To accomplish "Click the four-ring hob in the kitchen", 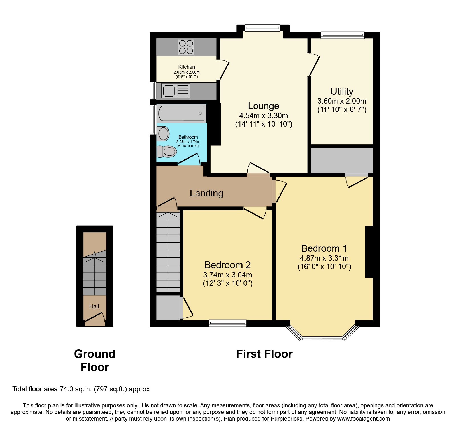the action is (186, 47).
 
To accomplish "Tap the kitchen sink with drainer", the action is (176, 91).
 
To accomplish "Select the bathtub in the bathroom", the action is (182, 113).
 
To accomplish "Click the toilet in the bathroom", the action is (167, 151).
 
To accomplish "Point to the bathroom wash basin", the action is (163, 134).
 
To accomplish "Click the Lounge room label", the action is (263, 106).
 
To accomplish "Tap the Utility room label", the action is (342, 91).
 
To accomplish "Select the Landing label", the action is (206, 193).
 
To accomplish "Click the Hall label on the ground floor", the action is (94, 306).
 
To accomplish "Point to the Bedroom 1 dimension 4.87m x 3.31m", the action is (324, 258).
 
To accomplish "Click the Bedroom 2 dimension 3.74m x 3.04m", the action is (227, 275).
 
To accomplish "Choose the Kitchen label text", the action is (187, 67).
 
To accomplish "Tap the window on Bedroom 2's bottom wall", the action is (227, 323).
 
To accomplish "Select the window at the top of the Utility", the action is (343, 35).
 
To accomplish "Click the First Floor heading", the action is (264, 354).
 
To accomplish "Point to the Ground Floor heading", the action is (95, 360).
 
